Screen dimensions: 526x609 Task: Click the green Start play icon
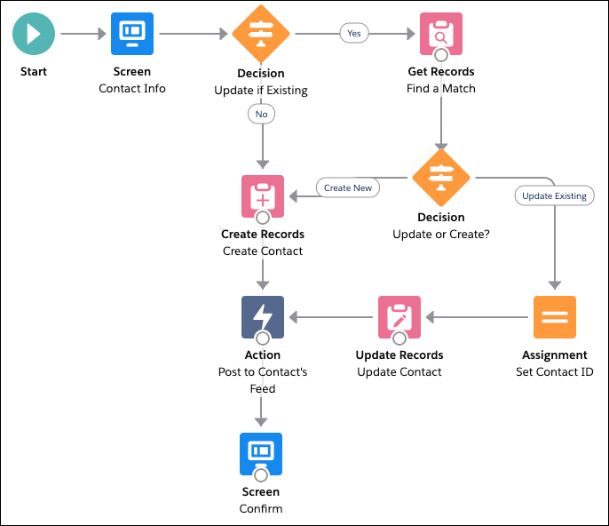[x=34, y=34]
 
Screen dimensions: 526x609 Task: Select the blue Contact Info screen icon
[x=131, y=34]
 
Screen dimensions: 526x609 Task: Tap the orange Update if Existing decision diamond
[x=261, y=34]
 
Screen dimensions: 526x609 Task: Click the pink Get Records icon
[x=440, y=34]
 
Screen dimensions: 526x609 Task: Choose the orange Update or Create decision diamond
[x=440, y=178]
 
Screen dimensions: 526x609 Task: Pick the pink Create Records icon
[x=263, y=195]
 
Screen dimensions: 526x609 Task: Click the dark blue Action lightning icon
[x=263, y=317]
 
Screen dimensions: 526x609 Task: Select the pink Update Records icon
[x=399, y=317]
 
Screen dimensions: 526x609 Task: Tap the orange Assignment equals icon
[x=555, y=317]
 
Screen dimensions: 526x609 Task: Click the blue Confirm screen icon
[x=261, y=453]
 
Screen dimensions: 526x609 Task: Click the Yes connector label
[x=353, y=34]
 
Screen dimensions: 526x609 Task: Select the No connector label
[x=261, y=114]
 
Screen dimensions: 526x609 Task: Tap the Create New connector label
[x=348, y=187]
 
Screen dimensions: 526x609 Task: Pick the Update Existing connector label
[x=554, y=195]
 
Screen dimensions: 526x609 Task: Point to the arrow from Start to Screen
[x=83, y=34]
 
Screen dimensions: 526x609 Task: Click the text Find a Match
[x=441, y=89]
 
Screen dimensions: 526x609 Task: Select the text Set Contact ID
[x=555, y=372]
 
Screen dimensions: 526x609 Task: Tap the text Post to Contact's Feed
[x=263, y=380]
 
